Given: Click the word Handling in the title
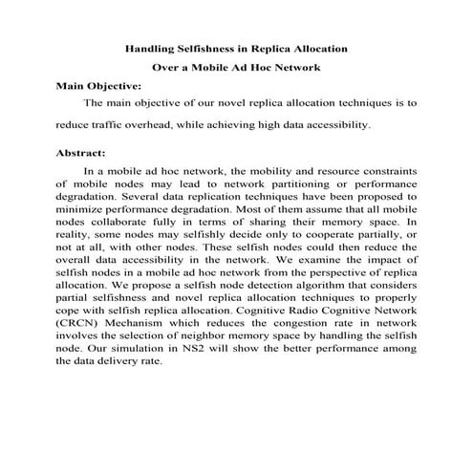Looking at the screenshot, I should coord(151,48).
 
